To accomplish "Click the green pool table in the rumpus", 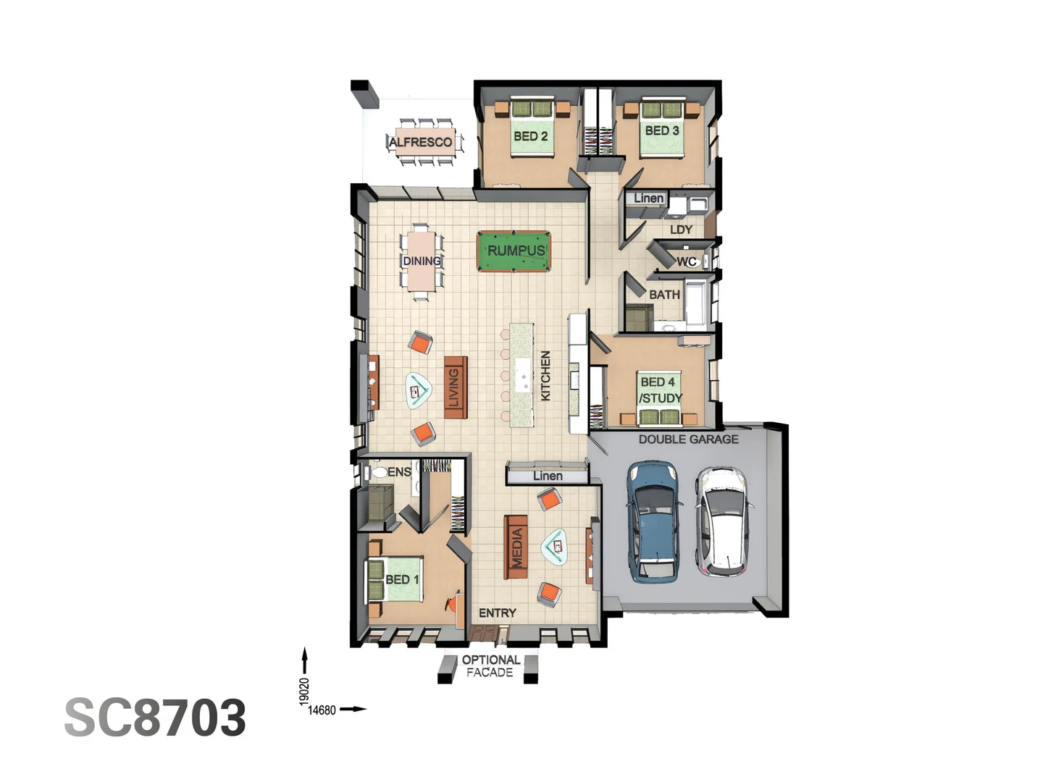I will [514, 251].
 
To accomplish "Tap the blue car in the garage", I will [655, 521].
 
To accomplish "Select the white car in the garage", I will [721, 521].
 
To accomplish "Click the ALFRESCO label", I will [420, 142].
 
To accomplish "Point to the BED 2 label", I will [530, 136].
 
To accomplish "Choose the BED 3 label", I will [662, 130].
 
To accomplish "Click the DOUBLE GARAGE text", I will [688, 439].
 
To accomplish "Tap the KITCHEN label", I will [545, 375].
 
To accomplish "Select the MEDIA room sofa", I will [516, 547].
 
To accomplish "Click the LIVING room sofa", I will [455, 387].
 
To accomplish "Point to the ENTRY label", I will [497, 613].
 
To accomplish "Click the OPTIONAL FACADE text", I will [490, 666].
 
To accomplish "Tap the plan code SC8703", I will [155, 718].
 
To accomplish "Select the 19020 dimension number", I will [304, 691].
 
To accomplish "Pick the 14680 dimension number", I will [322, 710].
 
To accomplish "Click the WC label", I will [686, 261].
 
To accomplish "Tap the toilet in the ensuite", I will [378, 473].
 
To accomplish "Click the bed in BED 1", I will [395, 579].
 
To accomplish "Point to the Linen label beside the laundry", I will [648, 198].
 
